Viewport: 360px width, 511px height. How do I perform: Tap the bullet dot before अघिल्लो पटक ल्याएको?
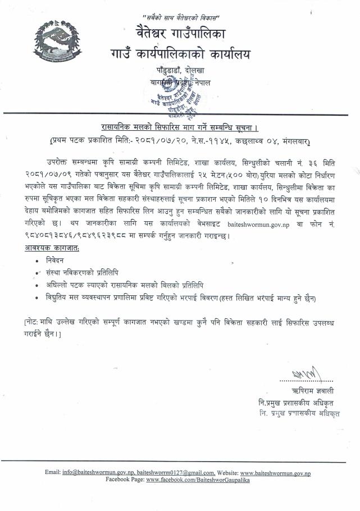tap(37, 286)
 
